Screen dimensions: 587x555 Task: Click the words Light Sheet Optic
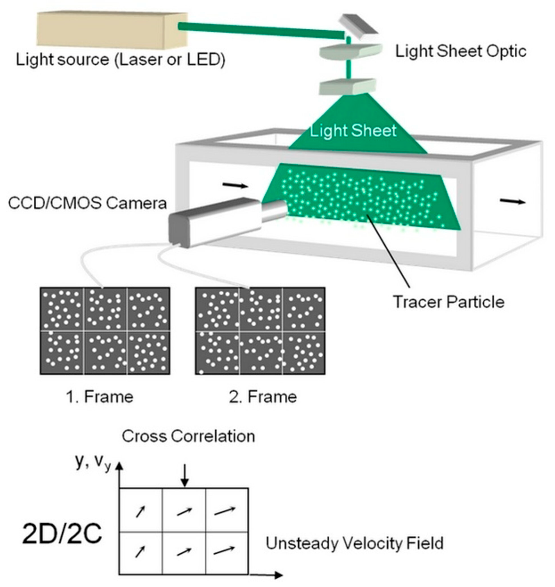click(x=461, y=52)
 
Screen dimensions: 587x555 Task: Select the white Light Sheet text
click(x=353, y=130)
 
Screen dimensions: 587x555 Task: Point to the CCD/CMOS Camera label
click(x=87, y=203)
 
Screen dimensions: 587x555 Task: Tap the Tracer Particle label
click(x=449, y=302)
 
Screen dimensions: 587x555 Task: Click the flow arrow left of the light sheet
click(x=235, y=185)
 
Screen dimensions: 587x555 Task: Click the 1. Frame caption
click(x=100, y=397)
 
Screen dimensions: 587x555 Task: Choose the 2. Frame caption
click(x=263, y=397)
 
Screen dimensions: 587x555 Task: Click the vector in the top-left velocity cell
click(x=141, y=511)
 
